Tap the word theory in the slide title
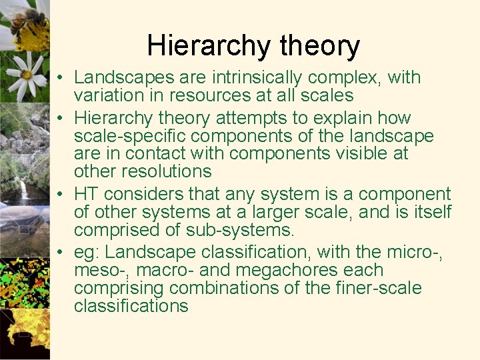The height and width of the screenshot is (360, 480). pyautogui.click(x=320, y=46)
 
